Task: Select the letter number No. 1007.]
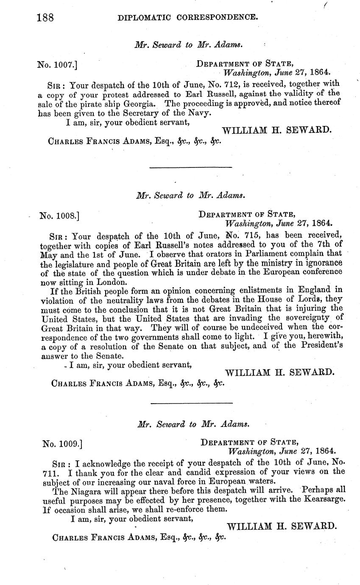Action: (x=57, y=65)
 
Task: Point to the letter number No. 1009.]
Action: (x=62, y=444)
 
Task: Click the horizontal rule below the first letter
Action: (x=191, y=168)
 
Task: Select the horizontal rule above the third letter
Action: (x=191, y=403)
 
